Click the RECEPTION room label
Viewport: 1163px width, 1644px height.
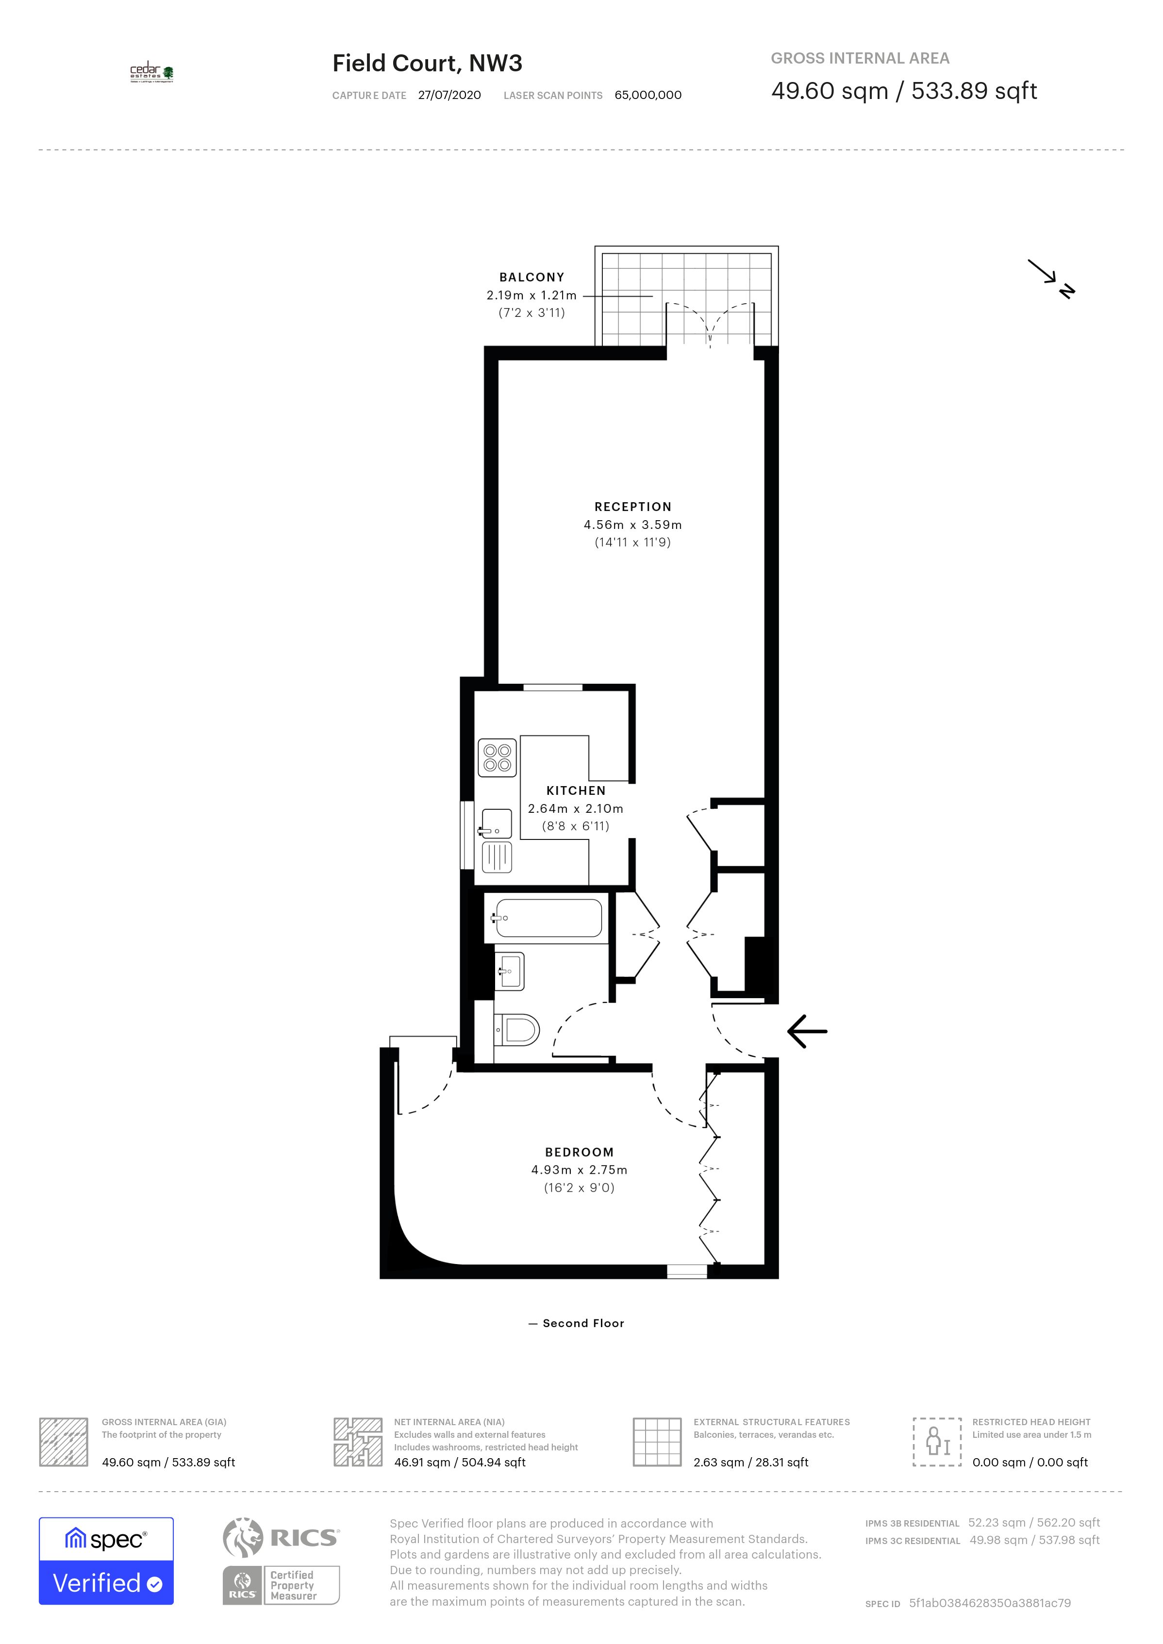coord(633,507)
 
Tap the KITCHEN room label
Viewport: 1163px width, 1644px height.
coord(576,790)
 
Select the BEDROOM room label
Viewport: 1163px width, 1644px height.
coord(580,1152)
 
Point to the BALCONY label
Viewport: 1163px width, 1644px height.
coord(532,277)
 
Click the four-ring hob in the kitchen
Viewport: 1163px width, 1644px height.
coord(497,757)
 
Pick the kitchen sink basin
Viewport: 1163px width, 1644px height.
coord(496,823)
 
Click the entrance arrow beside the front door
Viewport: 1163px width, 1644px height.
coord(807,1031)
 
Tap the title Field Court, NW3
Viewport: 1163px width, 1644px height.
coord(428,63)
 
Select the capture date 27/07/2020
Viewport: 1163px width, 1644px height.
coord(450,95)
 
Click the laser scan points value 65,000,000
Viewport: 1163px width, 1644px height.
coord(648,95)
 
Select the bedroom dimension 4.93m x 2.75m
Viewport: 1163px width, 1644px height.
coord(580,1170)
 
